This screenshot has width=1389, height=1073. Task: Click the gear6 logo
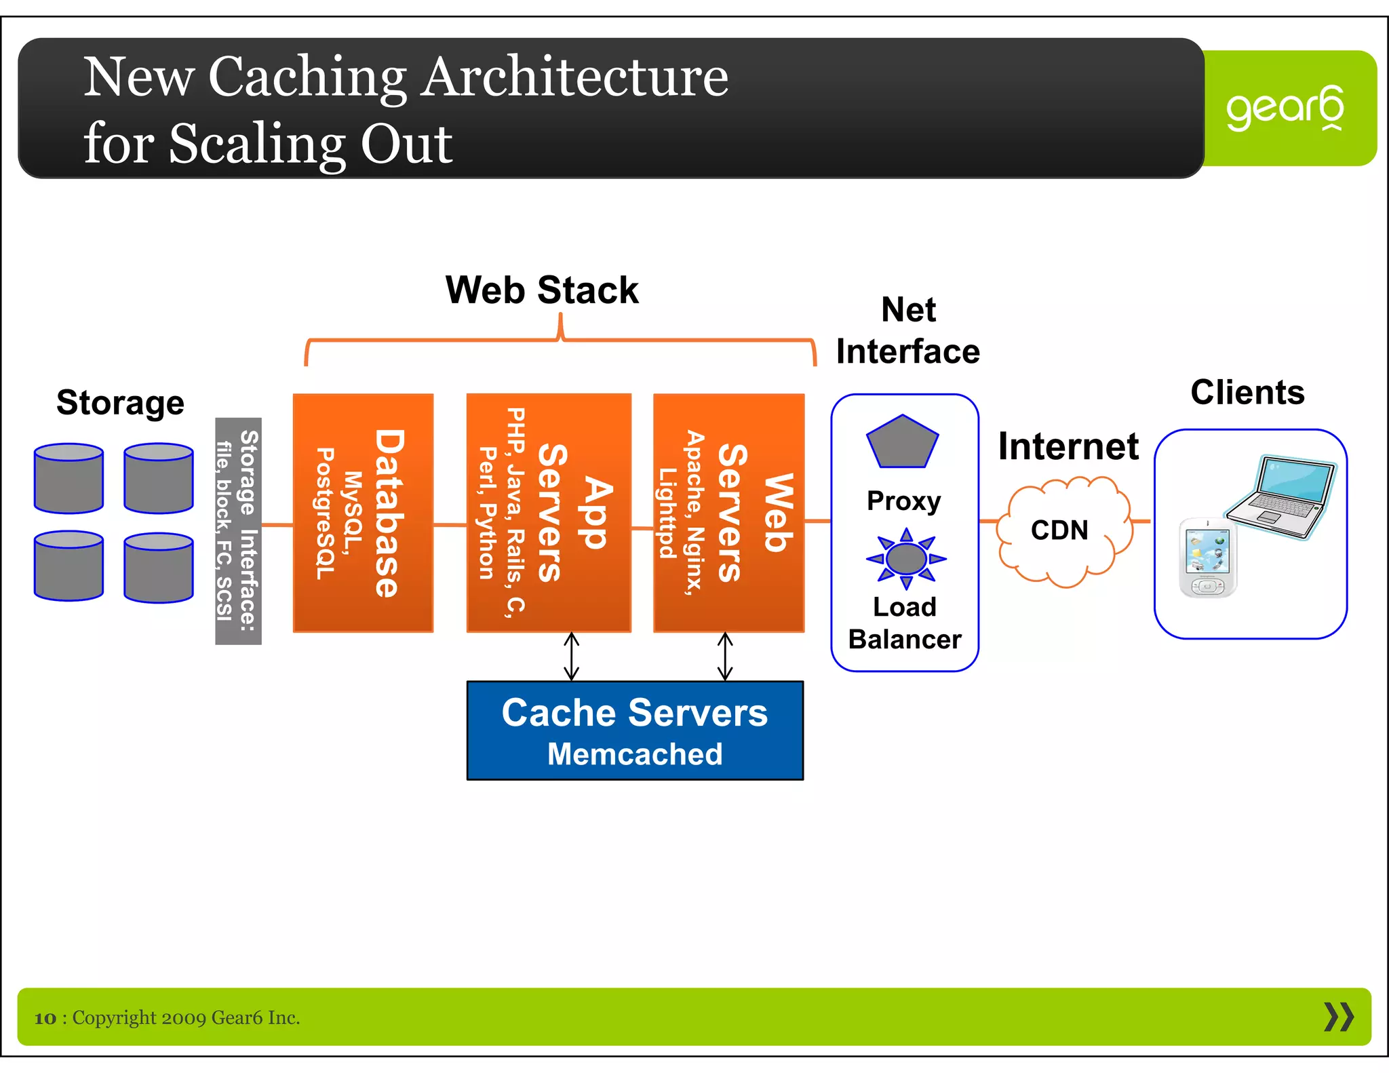[x=1284, y=109]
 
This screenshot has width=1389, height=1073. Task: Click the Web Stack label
[x=541, y=290]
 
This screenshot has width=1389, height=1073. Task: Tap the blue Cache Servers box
[x=635, y=731]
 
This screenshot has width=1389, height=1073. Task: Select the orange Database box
[x=363, y=513]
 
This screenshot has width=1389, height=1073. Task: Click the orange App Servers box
[x=549, y=513]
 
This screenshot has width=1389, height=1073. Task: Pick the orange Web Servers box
[x=728, y=513]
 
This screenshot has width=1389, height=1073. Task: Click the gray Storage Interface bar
[x=238, y=531]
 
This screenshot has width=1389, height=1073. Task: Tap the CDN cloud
[x=1061, y=530]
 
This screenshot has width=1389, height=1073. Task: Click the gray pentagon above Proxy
[x=902, y=442]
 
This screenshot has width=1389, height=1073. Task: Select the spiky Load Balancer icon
[x=906, y=559]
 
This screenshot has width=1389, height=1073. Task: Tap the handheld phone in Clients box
[x=1208, y=558]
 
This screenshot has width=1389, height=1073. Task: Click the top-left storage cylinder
[x=69, y=478]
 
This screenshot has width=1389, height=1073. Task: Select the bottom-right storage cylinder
[x=159, y=568]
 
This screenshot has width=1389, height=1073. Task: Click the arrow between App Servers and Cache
[x=572, y=657]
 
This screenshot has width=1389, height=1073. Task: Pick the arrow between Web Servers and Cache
[x=725, y=657]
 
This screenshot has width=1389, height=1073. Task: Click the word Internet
[x=1068, y=446]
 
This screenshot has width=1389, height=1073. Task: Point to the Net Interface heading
[x=907, y=331]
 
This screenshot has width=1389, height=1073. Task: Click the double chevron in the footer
[x=1338, y=1017]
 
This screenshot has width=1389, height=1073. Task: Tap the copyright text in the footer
[x=168, y=1017]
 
